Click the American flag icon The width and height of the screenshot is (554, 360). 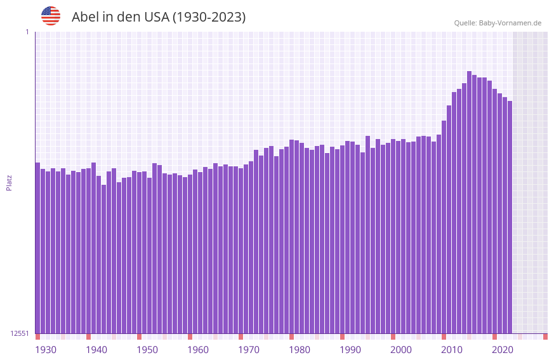coord(51,16)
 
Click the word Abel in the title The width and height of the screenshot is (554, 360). coord(86,17)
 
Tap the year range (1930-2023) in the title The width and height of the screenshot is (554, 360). coord(209,17)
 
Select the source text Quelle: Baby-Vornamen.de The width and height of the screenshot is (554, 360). coord(498,23)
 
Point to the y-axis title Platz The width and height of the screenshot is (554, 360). coord(9,182)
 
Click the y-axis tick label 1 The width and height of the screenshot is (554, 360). coord(27,32)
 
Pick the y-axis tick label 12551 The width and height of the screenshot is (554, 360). coord(20,333)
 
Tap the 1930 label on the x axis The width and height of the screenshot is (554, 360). coord(46,350)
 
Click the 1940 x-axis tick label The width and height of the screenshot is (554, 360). coord(96,350)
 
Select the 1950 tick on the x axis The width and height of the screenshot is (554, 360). coord(147,350)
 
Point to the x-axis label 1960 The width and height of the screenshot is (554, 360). coord(198,350)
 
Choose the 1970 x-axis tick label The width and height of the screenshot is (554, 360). coord(249,350)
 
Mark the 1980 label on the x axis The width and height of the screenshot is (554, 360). coord(300,350)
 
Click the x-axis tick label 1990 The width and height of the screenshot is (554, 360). coord(350,350)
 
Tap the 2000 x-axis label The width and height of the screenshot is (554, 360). coord(401,350)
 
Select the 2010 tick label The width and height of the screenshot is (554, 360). coord(452,350)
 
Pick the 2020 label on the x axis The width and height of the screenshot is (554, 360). coord(503,350)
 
